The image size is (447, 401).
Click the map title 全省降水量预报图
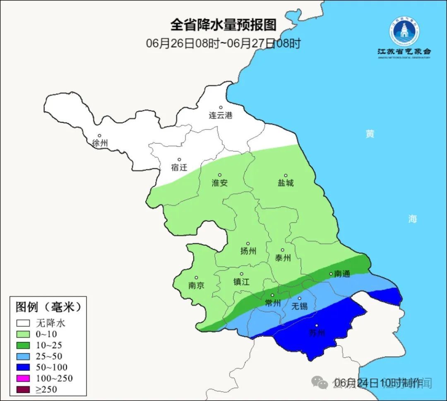click(x=223, y=25)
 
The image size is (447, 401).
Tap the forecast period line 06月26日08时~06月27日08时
click(x=223, y=43)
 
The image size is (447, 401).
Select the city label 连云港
click(x=221, y=115)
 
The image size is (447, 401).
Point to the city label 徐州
click(x=100, y=143)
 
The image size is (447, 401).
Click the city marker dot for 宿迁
click(x=179, y=160)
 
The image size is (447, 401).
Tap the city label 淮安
click(x=220, y=183)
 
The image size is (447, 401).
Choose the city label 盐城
click(x=285, y=183)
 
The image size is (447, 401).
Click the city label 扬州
click(x=248, y=251)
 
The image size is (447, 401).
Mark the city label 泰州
click(x=283, y=258)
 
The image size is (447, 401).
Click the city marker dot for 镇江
click(x=242, y=274)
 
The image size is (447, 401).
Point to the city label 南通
click(x=342, y=274)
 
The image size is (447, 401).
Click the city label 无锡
click(x=300, y=306)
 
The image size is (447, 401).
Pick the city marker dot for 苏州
click(x=317, y=326)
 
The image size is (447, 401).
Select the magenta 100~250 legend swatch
click(x=24, y=378)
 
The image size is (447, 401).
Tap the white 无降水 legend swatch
click(x=24, y=323)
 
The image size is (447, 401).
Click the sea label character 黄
click(x=370, y=134)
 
